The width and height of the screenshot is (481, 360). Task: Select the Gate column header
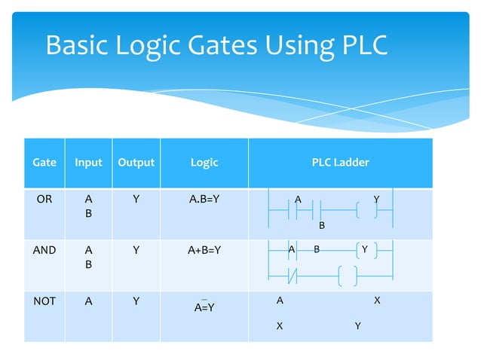(44, 162)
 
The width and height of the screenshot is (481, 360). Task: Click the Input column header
(88, 162)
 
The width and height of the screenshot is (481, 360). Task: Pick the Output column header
(136, 162)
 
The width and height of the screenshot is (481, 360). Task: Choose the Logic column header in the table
(204, 162)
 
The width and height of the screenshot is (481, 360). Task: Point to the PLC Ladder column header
(341, 162)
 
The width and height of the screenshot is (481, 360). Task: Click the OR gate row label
(44, 200)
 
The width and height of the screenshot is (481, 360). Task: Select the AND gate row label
(44, 250)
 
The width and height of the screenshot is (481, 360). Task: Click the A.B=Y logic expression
(204, 200)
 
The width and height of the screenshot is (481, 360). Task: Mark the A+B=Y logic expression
(204, 250)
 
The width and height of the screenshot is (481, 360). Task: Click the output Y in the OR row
(136, 200)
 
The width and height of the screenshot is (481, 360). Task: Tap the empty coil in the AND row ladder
(348, 276)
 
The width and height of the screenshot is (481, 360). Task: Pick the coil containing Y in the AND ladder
(364, 249)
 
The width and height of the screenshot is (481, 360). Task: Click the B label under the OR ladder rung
(322, 225)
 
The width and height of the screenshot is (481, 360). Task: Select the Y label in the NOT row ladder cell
(357, 326)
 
